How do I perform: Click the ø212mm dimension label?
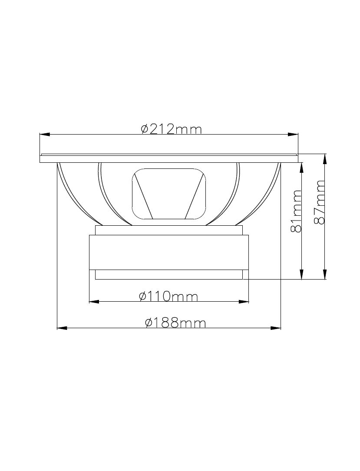[x=171, y=129]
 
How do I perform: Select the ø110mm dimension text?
[x=168, y=296]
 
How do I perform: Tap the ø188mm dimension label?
[x=175, y=323]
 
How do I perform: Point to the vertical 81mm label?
[x=296, y=211]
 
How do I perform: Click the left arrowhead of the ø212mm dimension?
[x=45, y=135]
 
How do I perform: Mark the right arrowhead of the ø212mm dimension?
[x=293, y=135]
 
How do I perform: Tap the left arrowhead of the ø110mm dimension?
[x=94, y=302]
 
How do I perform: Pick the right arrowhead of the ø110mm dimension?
[x=244, y=302]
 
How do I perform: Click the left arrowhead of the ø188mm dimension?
[x=62, y=328]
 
